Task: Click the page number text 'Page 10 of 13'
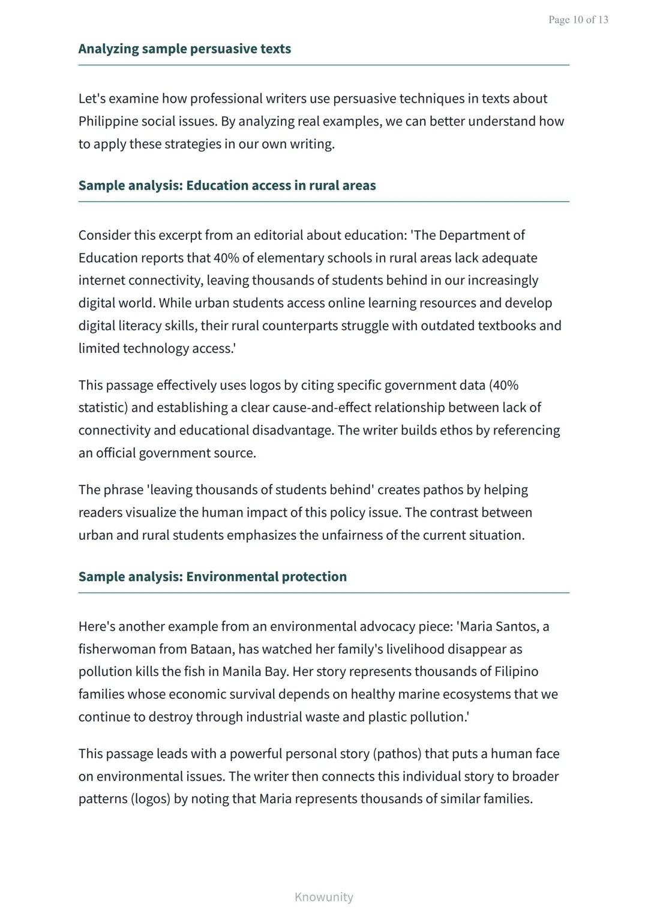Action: click(578, 20)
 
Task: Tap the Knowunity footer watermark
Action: click(323, 897)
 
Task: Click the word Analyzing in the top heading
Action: click(109, 49)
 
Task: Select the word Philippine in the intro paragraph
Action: click(107, 121)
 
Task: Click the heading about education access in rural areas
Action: click(227, 185)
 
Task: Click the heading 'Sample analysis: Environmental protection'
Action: click(212, 576)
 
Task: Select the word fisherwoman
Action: click(113, 649)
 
